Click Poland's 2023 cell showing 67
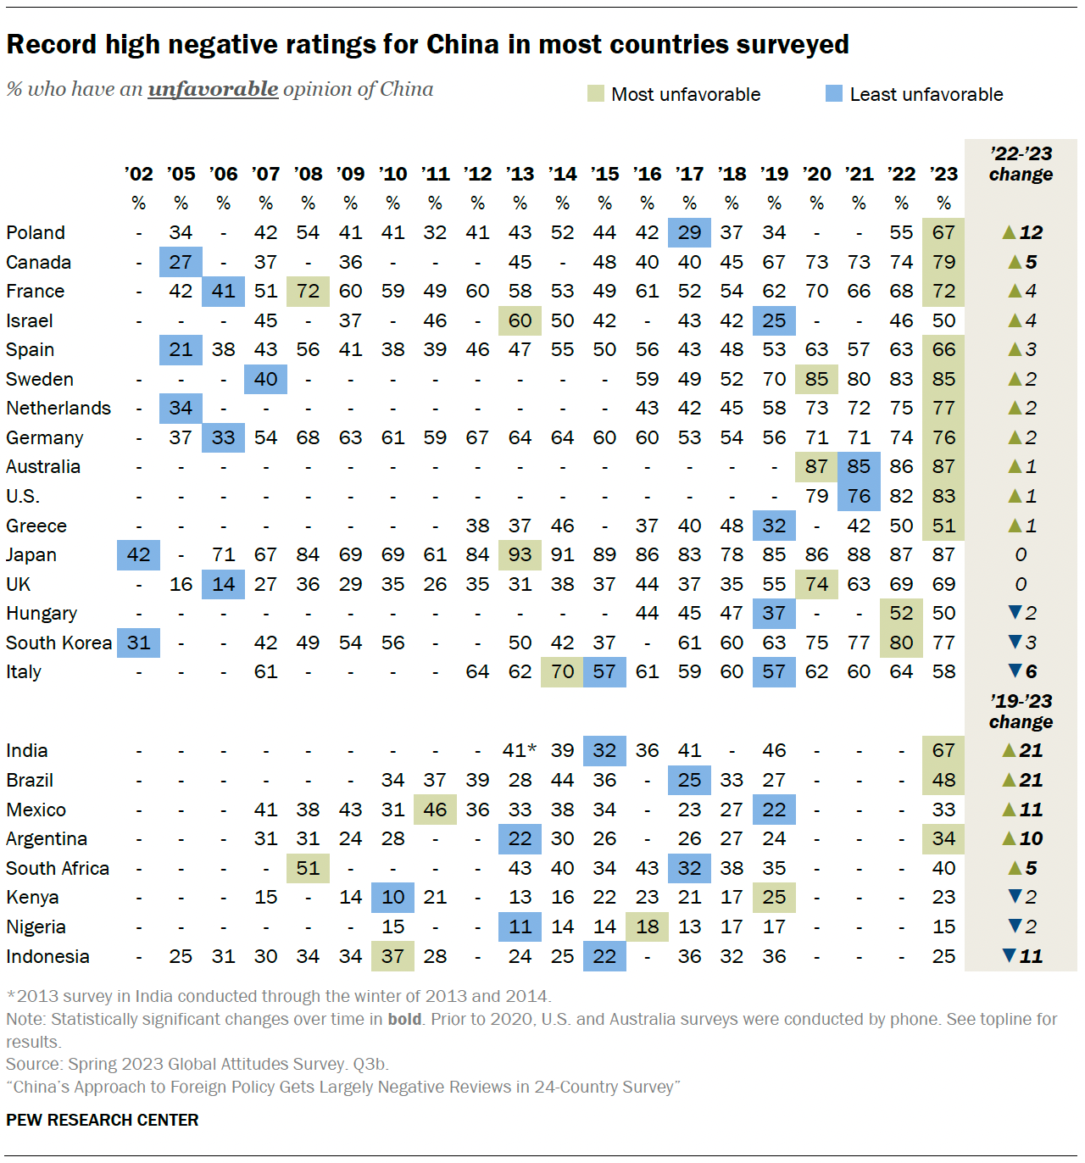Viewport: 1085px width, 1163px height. pyautogui.click(x=943, y=232)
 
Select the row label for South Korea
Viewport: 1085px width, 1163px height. pyautogui.click(x=58, y=643)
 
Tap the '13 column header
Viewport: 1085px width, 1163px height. pyautogui.click(x=520, y=174)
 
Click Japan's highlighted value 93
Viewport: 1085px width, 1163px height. pyautogui.click(x=520, y=554)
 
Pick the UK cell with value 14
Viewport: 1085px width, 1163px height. pyautogui.click(x=223, y=584)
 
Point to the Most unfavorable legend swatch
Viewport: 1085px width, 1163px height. pyautogui.click(x=596, y=93)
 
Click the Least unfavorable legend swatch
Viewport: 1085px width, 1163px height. pyautogui.click(x=834, y=93)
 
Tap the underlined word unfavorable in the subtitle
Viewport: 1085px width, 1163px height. pyautogui.click(x=213, y=89)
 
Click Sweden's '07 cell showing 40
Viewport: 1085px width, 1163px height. pyautogui.click(x=265, y=379)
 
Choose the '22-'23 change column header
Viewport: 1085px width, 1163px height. pyautogui.click(x=1021, y=164)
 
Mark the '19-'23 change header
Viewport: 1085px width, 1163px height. pyautogui.click(x=1021, y=711)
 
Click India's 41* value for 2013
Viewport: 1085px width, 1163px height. pyautogui.click(x=519, y=750)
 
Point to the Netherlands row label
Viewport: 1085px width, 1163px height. pyautogui.click(x=58, y=408)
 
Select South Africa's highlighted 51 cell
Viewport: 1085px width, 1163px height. pyautogui.click(x=308, y=868)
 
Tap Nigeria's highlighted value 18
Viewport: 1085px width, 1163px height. pyautogui.click(x=647, y=927)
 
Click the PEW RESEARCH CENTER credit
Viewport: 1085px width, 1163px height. pyautogui.click(x=103, y=1120)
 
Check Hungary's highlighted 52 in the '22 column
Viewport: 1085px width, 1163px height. pyautogui.click(x=901, y=613)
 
